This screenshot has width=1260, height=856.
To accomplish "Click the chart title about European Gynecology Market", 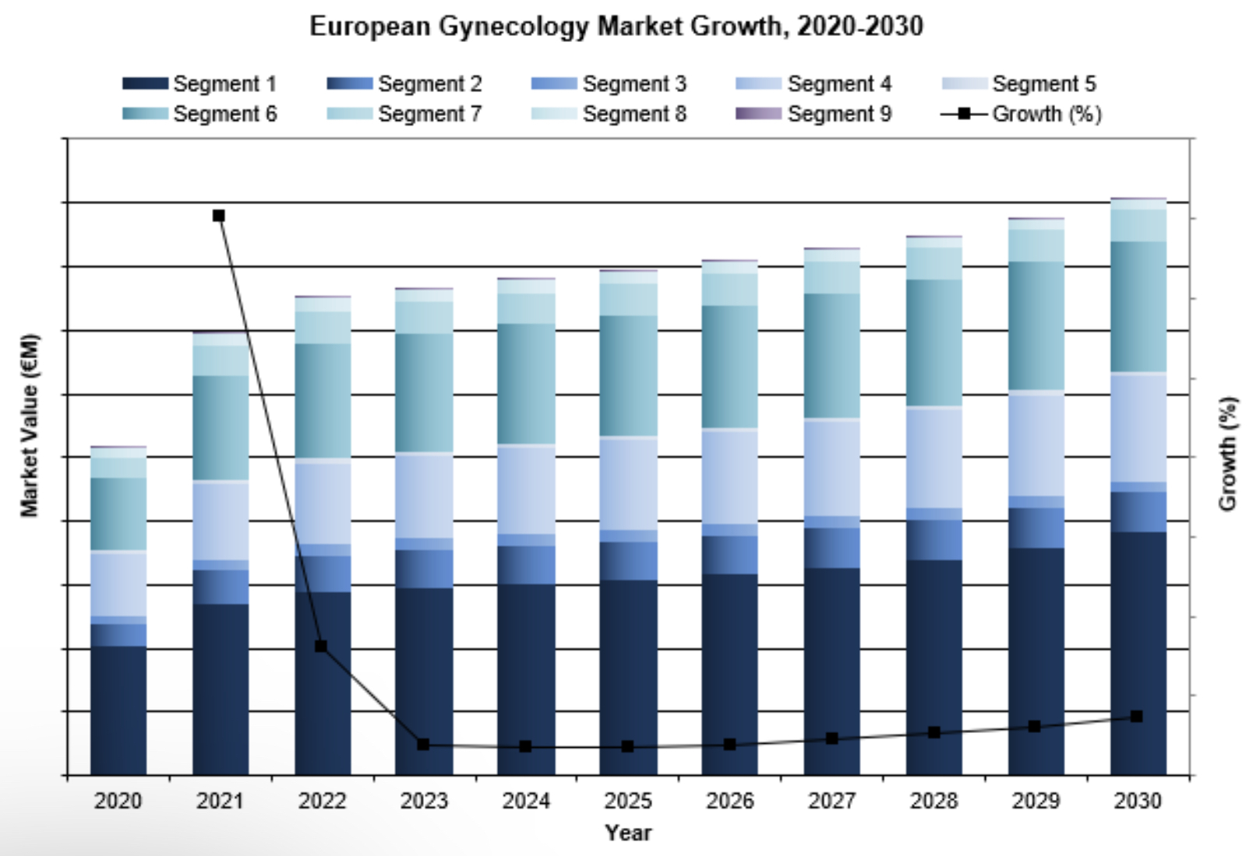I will (616, 26).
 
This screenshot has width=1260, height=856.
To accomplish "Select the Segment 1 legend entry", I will (200, 83).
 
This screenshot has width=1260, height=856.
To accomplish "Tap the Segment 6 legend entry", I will (200, 114).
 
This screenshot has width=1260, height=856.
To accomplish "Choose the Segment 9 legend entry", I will (814, 114).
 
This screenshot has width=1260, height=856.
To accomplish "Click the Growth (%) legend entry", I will (1022, 114).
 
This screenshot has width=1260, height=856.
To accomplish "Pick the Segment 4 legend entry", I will (814, 83).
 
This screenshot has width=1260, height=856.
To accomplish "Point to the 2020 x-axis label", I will (118, 801).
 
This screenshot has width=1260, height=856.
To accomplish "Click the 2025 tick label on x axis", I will (628, 801).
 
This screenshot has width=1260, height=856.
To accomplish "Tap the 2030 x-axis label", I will (1138, 801).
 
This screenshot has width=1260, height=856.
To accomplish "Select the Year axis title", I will (628, 833).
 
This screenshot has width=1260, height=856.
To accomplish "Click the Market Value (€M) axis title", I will (30, 425).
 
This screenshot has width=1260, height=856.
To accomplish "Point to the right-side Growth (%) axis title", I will (1228, 453).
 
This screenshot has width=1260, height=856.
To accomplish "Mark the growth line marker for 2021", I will (219, 216).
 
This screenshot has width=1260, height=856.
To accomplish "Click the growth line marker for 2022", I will (321, 646).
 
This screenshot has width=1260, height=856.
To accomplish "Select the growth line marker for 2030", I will (1137, 716).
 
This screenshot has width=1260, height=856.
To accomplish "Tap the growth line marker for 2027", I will (832, 738).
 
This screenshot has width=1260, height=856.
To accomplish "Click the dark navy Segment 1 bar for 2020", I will (118, 710).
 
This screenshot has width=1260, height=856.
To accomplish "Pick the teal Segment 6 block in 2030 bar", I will (1138, 306).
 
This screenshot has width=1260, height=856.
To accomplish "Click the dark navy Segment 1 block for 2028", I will (934, 667).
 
